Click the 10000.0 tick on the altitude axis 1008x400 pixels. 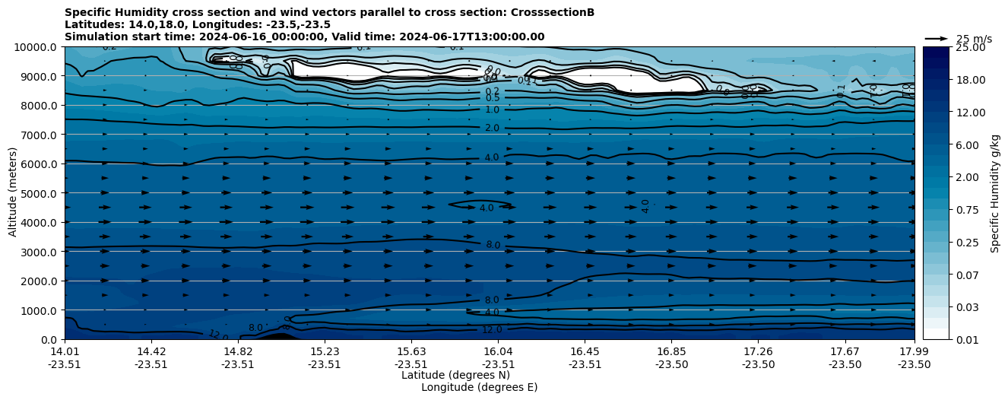coord(36,47)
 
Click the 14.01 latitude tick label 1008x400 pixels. coord(65,351)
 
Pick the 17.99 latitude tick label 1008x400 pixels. coord(914,351)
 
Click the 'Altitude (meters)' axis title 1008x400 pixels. coord(13,193)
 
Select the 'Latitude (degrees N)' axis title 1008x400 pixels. coord(455,375)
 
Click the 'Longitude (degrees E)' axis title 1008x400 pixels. coord(479,387)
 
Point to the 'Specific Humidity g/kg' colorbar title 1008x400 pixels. coord(996,193)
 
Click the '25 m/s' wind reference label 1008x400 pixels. coord(974,39)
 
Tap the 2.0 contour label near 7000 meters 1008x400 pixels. coord(492,129)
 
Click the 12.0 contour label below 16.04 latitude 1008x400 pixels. coord(492,330)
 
